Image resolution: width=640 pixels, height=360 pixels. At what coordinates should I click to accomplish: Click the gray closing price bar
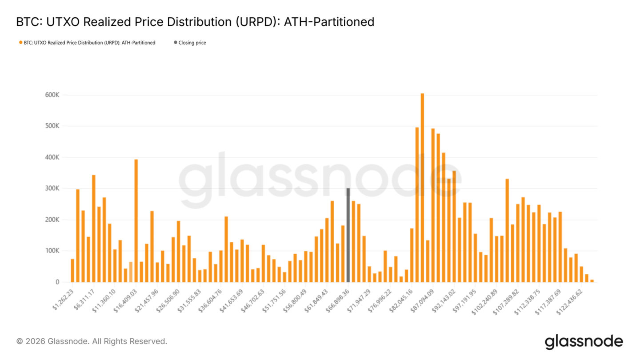click(x=348, y=235)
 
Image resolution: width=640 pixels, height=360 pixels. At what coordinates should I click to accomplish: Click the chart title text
click(x=195, y=22)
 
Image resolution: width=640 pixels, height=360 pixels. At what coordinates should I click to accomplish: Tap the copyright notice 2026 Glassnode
click(x=92, y=341)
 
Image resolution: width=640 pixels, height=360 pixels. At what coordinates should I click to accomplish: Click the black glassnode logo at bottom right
click(x=584, y=341)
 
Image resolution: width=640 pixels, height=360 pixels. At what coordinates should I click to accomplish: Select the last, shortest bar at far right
click(x=592, y=281)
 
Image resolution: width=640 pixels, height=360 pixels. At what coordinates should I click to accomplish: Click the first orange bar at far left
click(x=72, y=270)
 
